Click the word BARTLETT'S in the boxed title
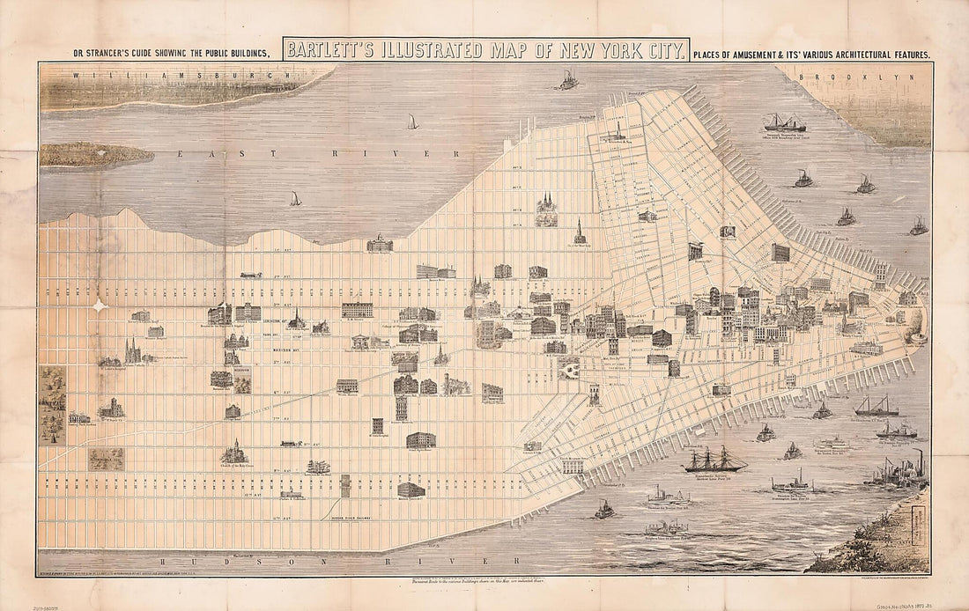[x=328, y=50]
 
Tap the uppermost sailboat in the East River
[x=412, y=121]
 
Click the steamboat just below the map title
[x=568, y=81]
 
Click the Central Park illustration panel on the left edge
[x=51, y=405]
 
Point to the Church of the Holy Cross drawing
[x=234, y=453]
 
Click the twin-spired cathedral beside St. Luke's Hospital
[x=132, y=351]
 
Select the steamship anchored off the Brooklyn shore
[x=784, y=122]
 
